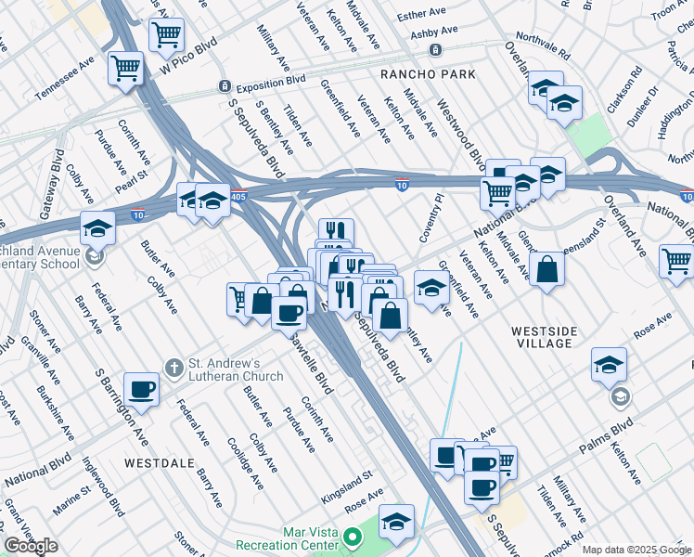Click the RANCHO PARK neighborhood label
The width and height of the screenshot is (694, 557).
tap(429, 74)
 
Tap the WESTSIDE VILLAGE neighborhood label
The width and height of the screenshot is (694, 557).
tap(544, 337)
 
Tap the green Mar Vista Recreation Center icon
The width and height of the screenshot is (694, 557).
tap(353, 538)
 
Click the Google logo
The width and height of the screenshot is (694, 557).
tap(32, 546)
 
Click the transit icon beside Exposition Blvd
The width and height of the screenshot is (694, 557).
tap(225, 86)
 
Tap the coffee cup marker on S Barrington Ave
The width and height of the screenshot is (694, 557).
tap(141, 389)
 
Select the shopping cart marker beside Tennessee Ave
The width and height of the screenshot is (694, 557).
tap(124, 67)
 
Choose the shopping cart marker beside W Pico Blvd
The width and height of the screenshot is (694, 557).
tap(165, 35)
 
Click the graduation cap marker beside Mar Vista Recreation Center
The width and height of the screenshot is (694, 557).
tap(396, 522)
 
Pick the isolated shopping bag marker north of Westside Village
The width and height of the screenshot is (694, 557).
tap(548, 270)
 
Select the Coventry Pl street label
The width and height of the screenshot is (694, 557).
tap(432, 217)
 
